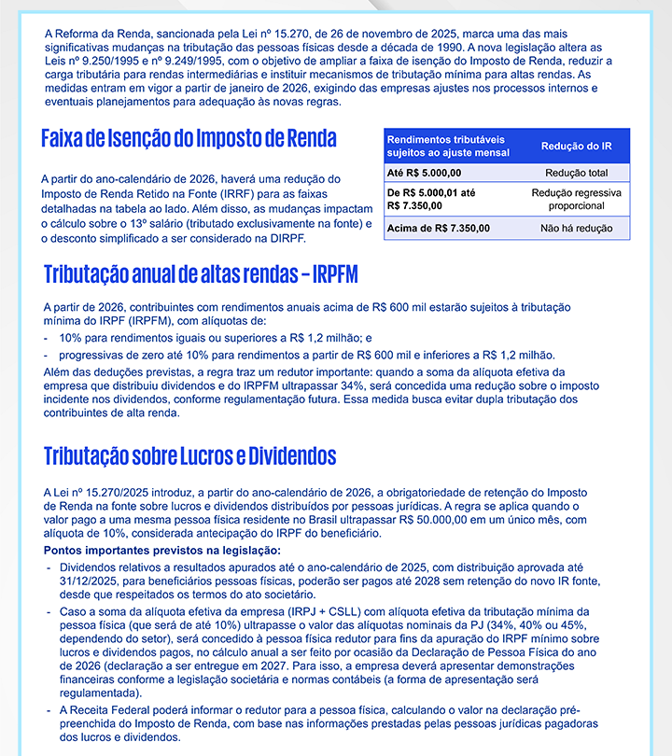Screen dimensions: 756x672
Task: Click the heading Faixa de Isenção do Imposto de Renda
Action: [x=189, y=139]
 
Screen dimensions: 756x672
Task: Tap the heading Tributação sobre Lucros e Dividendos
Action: [x=189, y=456]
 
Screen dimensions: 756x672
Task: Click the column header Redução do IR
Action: [x=576, y=146]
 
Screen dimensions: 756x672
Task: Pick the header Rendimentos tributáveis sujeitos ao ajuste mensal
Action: [x=448, y=146]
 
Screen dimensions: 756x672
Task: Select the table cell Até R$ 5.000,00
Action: [x=424, y=173]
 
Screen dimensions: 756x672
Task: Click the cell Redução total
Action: [x=576, y=173]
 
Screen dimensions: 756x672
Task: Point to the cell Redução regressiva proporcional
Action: [x=576, y=199]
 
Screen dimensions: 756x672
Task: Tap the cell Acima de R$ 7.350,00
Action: [x=438, y=228]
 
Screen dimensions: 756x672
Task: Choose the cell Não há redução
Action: [x=576, y=228]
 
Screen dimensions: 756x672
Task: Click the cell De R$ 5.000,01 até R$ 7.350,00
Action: [x=431, y=199]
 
